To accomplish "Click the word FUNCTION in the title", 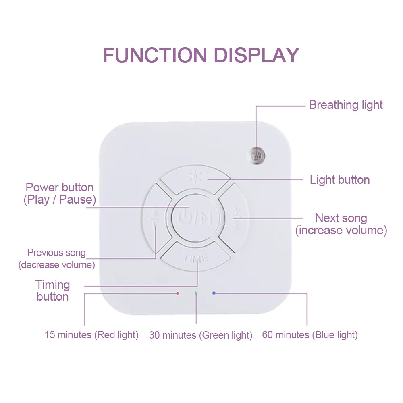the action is point(155,55).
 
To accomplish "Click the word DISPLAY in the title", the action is point(256,55).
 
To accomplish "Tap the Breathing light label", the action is point(346,105).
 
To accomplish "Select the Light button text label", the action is point(339,180).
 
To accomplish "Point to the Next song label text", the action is point(341,218).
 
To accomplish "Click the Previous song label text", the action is point(56,253).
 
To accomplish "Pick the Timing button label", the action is point(53,291).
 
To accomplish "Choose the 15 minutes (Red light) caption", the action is point(91,335).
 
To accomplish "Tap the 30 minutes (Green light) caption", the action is point(200,335).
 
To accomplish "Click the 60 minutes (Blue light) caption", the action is point(310,335).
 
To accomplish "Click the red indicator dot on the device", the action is point(178,293).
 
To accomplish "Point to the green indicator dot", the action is point(196,293).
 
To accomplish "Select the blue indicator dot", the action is point(214,293).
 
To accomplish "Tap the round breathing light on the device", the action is point(256,156).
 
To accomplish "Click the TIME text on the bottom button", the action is point(195,258).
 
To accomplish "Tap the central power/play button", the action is point(195,218).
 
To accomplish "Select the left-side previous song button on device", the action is point(156,218).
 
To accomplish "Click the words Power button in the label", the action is point(59,187).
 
